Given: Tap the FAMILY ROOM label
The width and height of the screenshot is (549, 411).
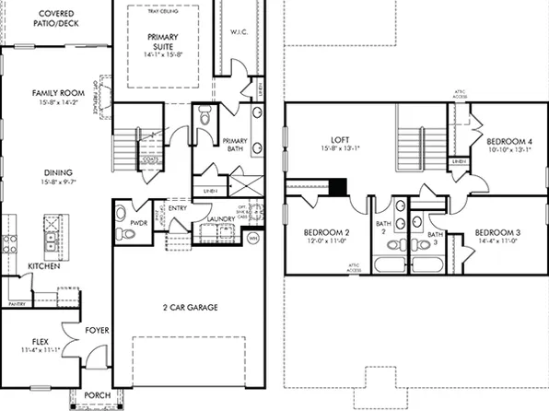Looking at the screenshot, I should click(53, 93).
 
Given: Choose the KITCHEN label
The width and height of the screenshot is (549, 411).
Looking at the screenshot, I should click(43, 265).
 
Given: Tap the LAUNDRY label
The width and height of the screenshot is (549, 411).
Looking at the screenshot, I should click(222, 219).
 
